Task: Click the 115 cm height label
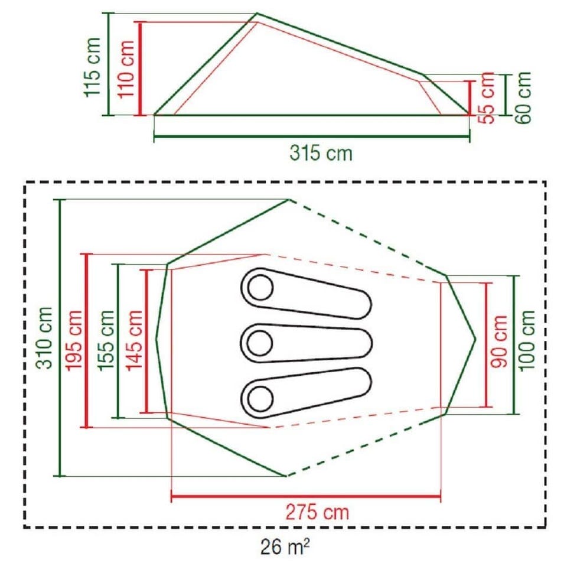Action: [92, 67]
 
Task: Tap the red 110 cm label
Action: [126, 69]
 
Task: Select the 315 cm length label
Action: [321, 154]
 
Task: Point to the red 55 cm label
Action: [488, 98]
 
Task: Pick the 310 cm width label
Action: [45, 338]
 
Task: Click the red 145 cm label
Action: [134, 340]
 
